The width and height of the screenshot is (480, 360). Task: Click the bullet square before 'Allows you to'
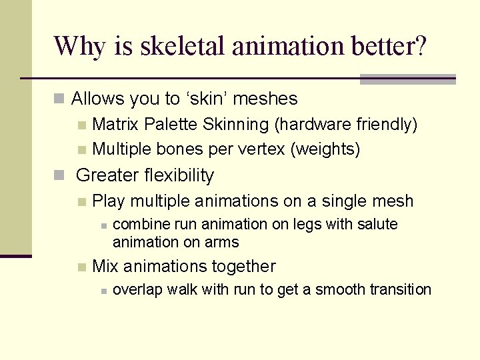tap(59, 99)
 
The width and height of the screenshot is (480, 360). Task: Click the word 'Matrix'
tap(116, 124)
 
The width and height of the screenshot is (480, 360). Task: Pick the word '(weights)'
tap(325, 149)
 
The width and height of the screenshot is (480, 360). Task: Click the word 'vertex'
tap(261, 149)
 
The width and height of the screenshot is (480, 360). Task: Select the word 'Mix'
tap(105, 266)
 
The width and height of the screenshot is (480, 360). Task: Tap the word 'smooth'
tap(338, 289)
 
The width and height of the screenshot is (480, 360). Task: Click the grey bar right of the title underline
tap(407, 79)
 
